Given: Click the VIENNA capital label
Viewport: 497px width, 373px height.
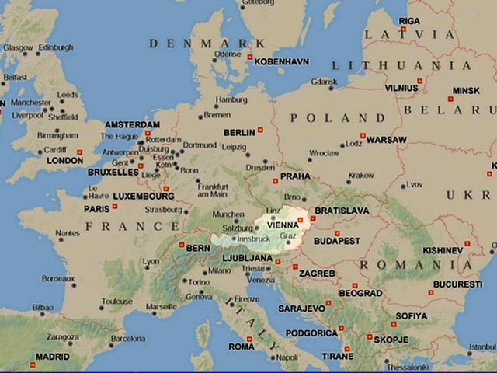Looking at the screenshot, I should tap(282, 225).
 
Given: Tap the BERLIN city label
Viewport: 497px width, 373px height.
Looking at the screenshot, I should tap(239, 133).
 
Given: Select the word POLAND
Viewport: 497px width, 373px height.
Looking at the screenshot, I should tap(328, 118).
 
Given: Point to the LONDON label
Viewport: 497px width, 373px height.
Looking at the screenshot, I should tap(65, 161).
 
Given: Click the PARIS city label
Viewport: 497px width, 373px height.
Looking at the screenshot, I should tap(96, 209).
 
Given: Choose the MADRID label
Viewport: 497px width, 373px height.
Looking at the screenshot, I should tap(53, 357).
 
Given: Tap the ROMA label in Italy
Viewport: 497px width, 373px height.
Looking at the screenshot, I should tap(242, 347).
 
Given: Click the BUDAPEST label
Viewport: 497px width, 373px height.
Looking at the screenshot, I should tap(337, 241).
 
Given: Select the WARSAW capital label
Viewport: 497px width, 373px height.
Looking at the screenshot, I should tap(386, 140).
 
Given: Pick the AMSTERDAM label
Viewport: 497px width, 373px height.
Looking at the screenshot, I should tap(132, 124).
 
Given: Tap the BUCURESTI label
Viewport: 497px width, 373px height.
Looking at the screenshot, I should tap(457, 284).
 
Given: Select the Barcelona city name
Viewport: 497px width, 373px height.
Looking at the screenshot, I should tap(127, 339).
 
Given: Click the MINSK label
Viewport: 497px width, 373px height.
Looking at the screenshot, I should tap(466, 90).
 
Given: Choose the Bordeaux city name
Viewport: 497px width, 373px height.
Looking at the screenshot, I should tap(58, 277).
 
